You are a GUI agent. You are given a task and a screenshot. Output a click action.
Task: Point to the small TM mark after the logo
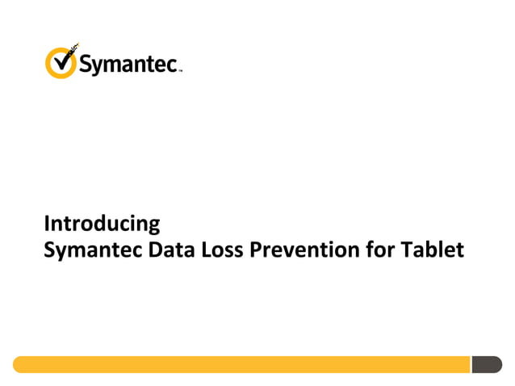click(x=181, y=70)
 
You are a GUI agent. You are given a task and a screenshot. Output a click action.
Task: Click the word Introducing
click(x=102, y=223)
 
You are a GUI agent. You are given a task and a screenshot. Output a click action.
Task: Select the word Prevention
click(x=299, y=250)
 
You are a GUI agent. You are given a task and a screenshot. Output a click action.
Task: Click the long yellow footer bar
click(x=242, y=364)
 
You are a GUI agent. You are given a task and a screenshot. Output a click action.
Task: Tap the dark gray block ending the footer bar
click(x=486, y=364)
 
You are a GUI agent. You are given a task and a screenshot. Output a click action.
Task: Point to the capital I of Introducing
click(x=46, y=223)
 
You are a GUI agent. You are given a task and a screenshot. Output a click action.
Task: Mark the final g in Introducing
click(x=154, y=225)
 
